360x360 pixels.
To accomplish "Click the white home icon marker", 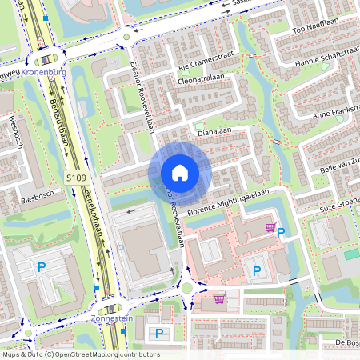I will [180, 173].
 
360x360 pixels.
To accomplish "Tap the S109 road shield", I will [75, 177].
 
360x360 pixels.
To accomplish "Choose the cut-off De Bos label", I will [347, 342].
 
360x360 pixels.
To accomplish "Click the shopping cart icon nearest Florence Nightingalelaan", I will [270, 227].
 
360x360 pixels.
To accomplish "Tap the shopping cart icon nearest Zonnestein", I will [219, 299].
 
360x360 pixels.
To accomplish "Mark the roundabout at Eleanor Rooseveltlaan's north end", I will [126, 36].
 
